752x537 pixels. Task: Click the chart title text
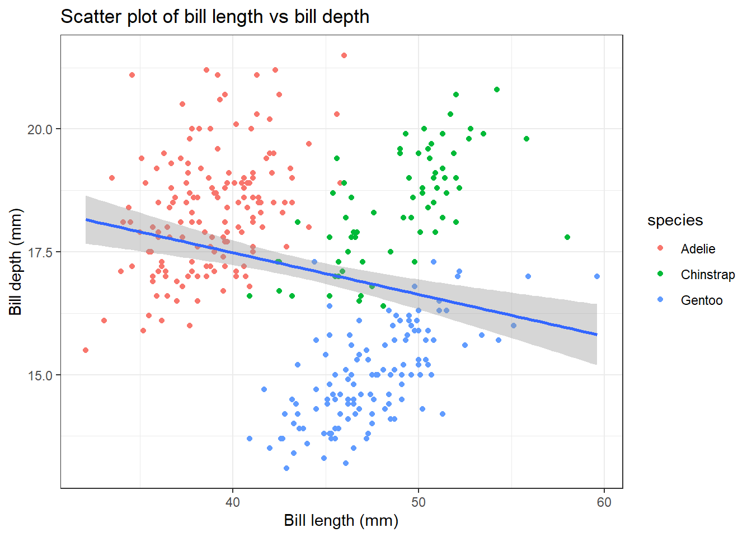coord(215,17)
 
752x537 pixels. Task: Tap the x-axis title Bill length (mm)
coord(341,520)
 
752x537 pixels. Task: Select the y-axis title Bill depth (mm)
coord(16,262)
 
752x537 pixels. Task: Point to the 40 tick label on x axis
coord(232,502)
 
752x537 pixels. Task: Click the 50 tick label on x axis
coord(418,502)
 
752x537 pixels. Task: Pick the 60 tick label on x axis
coord(604,502)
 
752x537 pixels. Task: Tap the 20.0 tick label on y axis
coord(40,129)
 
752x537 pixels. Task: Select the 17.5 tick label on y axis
coord(40,252)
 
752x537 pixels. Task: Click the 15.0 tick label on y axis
coord(40,375)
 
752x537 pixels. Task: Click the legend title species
coord(675,220)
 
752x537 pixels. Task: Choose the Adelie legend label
coord(698,249)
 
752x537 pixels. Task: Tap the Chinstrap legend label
coord(707,275)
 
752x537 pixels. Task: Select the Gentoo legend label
coord(701,300)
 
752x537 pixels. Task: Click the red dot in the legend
coord(660,248)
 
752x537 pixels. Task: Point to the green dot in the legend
coord(660,274)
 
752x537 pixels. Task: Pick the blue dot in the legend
coord(660,300)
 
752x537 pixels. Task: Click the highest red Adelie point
coord(344,55)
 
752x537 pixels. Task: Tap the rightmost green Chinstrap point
coord(567,237)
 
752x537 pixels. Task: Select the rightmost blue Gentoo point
coord(597,276)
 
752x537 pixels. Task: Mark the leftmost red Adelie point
coord(86,350)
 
